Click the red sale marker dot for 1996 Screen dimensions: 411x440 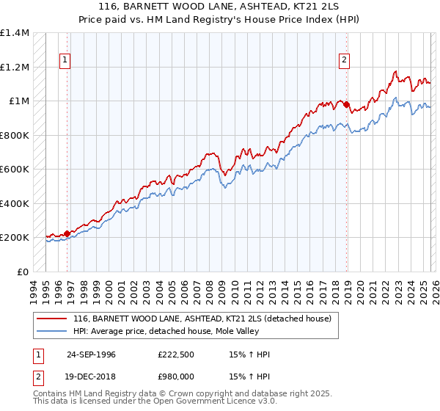click(67, 233)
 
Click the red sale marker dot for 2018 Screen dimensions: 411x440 click(347, 104)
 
